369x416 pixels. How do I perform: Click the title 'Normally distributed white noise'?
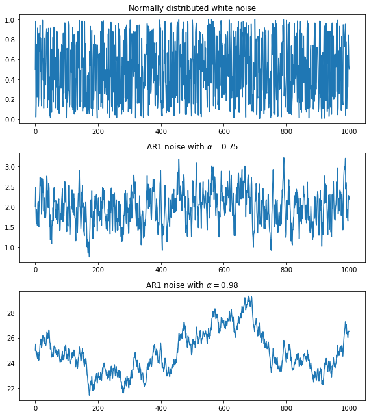tap(192, 8)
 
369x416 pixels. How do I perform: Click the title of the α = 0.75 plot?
tap(192, 147)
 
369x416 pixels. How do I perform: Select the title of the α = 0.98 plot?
tap(192, 285)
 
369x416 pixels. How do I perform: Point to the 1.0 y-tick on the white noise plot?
tap(11, 20)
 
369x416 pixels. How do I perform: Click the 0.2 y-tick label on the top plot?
tap(11, 99)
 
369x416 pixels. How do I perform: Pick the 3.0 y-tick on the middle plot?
tap(11, 167)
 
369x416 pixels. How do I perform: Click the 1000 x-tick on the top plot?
tap(350, 130)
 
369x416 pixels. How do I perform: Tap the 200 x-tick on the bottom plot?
tap(98, 407)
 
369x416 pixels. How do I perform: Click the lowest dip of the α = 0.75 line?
tap(90, 256)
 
